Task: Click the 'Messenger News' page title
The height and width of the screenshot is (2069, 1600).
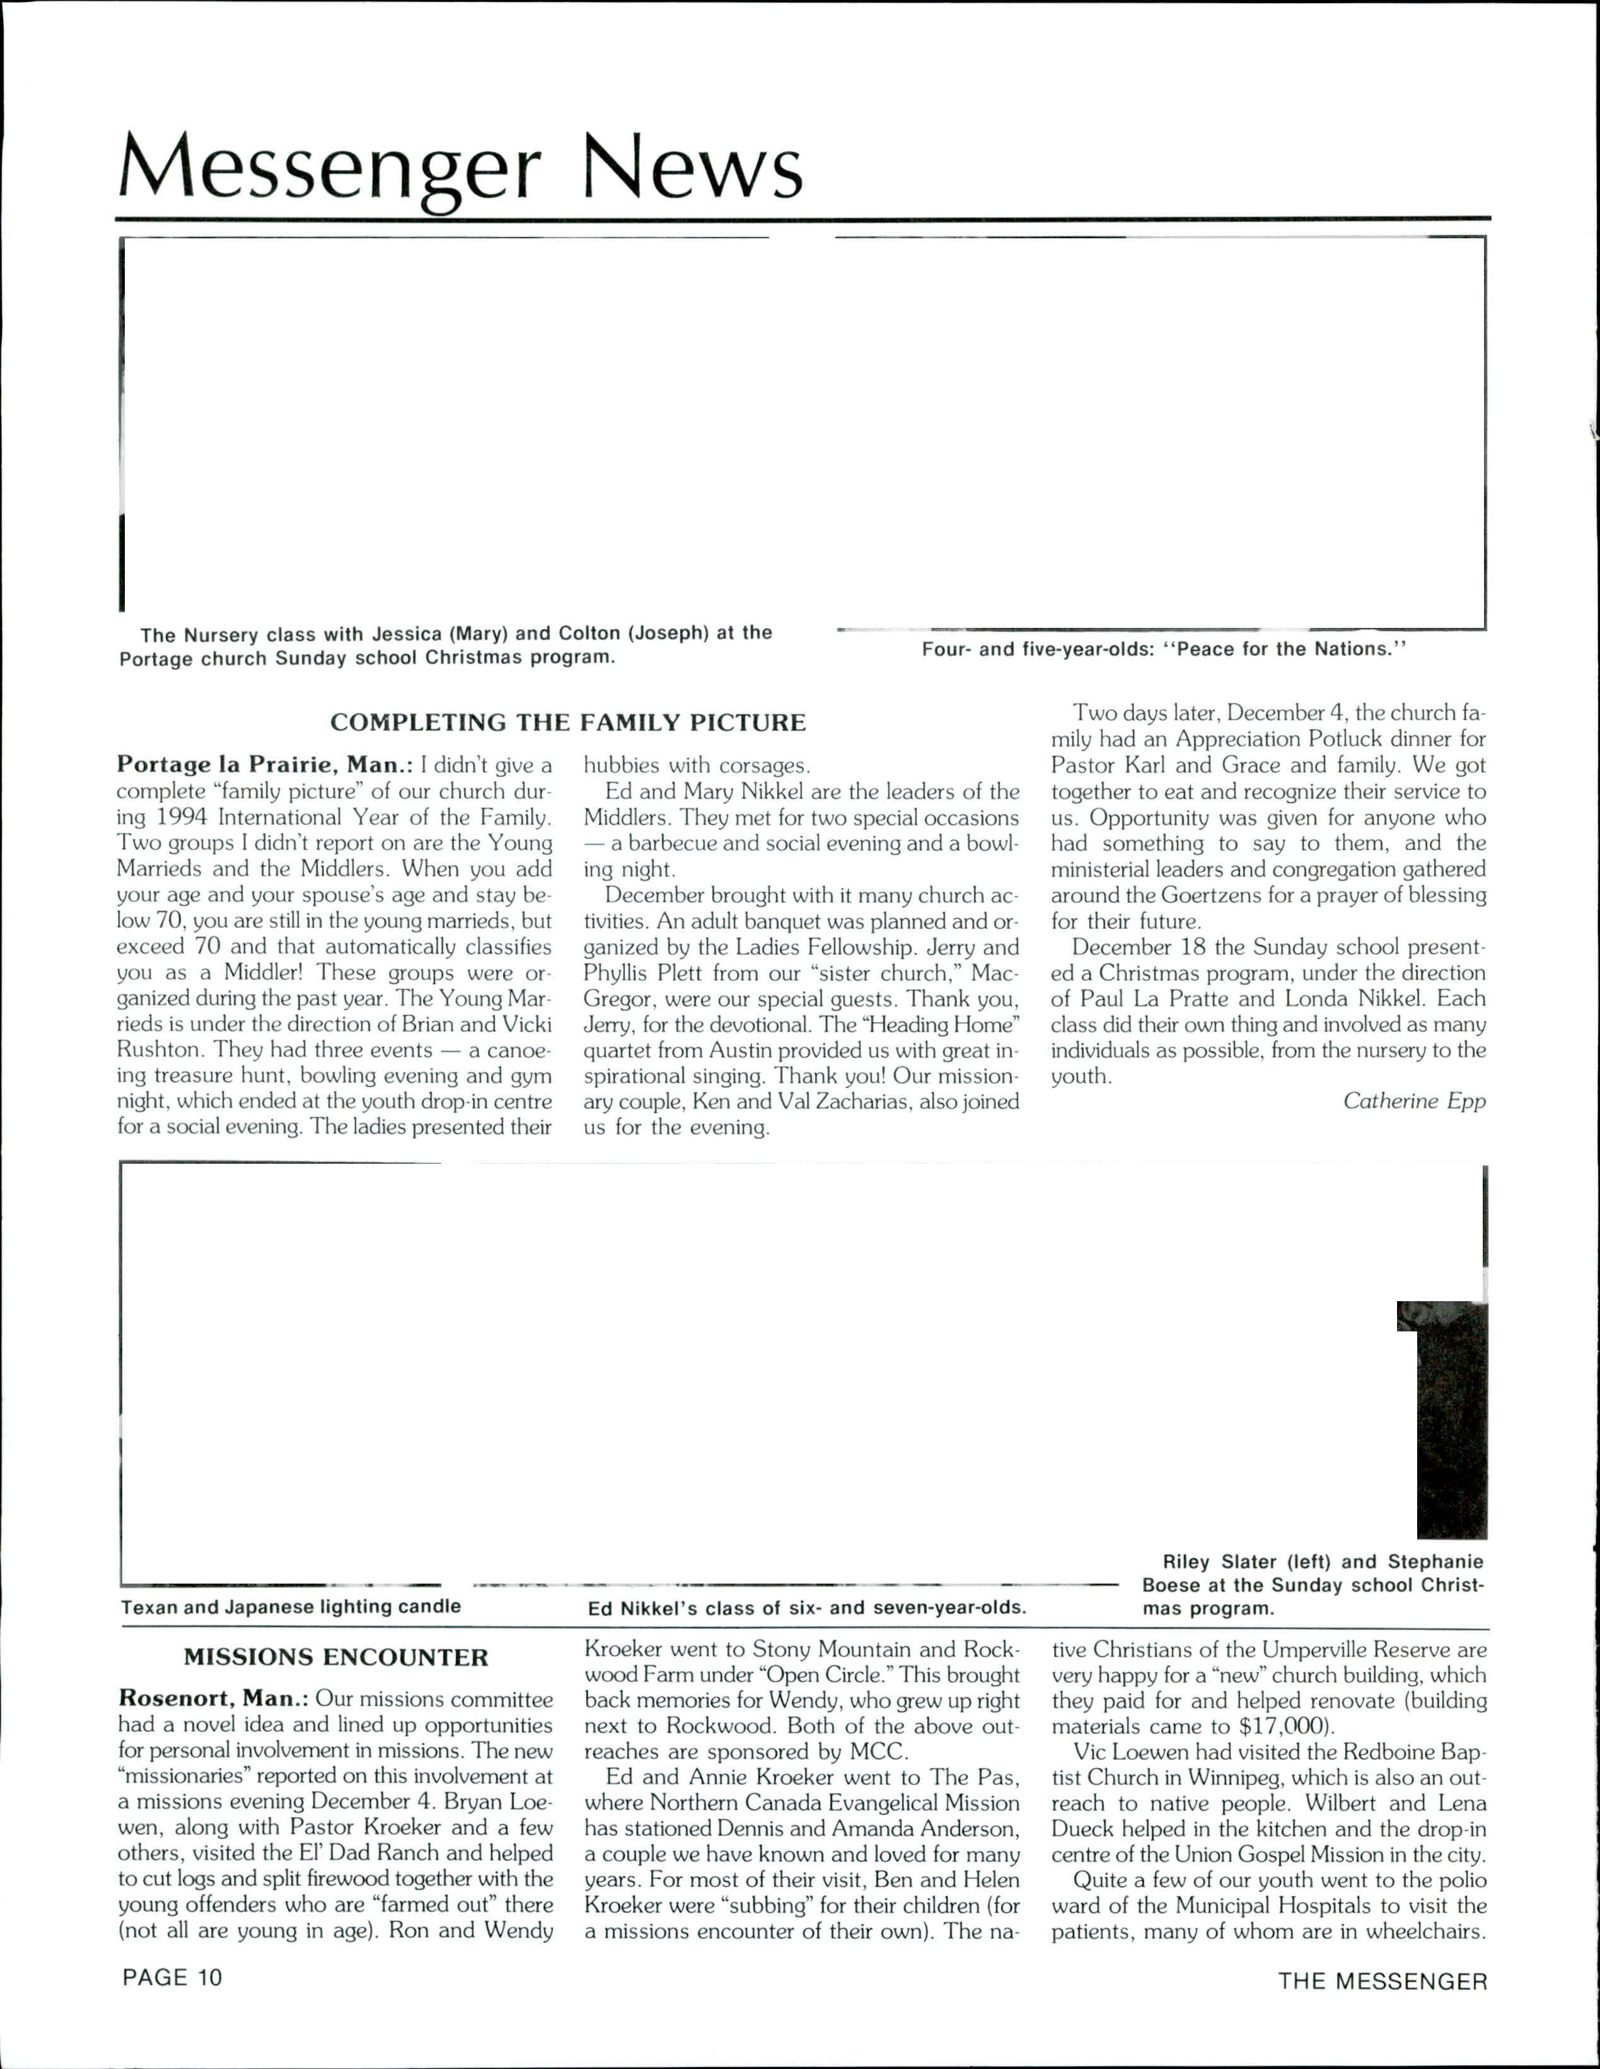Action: coord(460,168)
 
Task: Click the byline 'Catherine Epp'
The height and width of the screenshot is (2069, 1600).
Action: coord(1413,1101)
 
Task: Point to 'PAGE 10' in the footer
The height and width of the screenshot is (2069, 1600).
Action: coord(171,1977)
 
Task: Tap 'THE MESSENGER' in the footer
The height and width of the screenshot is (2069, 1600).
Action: coord(1382,1981)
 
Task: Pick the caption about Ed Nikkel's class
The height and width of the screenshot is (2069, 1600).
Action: coord(806,1608)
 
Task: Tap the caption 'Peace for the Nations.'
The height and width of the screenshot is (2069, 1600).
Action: coord(1164,649)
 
